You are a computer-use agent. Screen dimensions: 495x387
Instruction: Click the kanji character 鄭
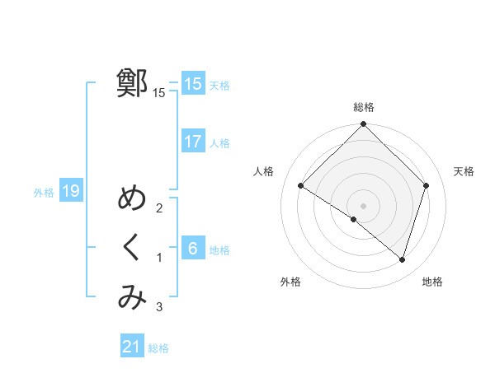(x=132, y=84)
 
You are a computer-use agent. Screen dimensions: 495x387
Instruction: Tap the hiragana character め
(x=132, y=199)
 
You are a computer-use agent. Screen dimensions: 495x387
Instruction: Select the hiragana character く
(x=132, y=249)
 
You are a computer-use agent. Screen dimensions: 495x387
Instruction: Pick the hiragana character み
(x=132, y=297)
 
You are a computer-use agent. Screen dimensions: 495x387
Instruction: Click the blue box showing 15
(x=193, y=84)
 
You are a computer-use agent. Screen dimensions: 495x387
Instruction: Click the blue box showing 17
(x=193, y=142)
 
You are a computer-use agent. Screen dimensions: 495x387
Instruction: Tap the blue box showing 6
(x=193, y=249)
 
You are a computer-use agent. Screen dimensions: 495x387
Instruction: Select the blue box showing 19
(x=71, y=192)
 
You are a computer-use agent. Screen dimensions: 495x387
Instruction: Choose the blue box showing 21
(x=132, y=347)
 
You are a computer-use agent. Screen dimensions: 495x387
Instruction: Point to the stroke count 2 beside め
(x=159, y=208)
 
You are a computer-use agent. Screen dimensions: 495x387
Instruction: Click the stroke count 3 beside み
(x=159, y=308)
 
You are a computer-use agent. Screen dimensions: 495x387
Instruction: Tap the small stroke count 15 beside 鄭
(x=159, y=93)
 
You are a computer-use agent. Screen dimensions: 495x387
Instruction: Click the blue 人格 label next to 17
(x=219, y=143)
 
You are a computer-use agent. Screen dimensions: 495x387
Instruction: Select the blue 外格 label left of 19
(x=44, y=193)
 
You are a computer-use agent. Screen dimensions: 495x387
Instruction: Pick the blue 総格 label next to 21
(x=158, y=348)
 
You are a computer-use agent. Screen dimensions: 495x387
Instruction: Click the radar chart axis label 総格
(x=363, y=107)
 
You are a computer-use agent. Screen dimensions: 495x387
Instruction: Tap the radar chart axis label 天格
(x=464, y=171)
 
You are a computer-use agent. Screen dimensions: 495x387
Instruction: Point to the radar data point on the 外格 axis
(x=353, y=220)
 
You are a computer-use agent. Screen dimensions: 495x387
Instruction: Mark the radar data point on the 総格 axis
(x=363, y=124)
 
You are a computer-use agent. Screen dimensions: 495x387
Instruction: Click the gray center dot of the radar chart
(x=363, y=205)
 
